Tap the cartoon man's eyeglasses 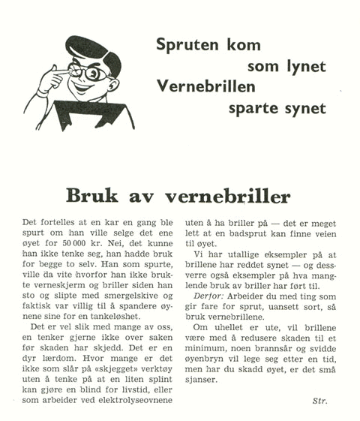(87, 73)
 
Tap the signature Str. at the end (319, 401)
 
